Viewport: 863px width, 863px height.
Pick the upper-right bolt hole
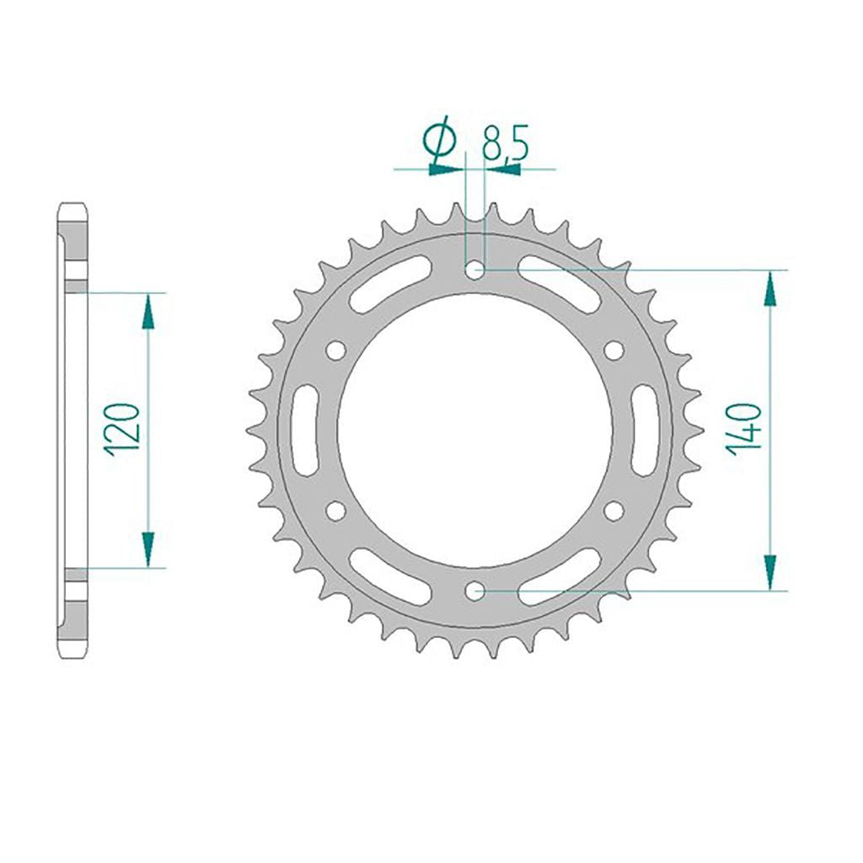click(x=614, y=350)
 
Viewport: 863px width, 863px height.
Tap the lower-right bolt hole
click(x=614, y=511)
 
